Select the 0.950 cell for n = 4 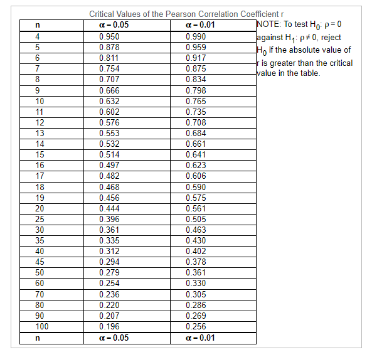pyautogui.click(x=110, y=36)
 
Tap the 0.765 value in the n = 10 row pyautogui.click(x=196, y=101)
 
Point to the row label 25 pyautogui.click(x=40, y=219)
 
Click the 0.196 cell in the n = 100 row pyautogui.click(x=110, y=327)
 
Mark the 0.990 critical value pyautogui.click(x=196, y=36)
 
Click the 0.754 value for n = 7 pyautogui.click(x=110, y=68)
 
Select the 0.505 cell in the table pyautogui.click(x=196, y=219)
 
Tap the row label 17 pyautogui.click(x=40, y=176)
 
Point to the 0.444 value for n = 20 pyautogui.click(x=110, y=208)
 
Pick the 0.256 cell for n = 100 pyautogui.click(x=196, y=327)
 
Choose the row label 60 pyautogui.click(x=40, y=284)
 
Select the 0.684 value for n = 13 pyautogui.click(x=196, y=133)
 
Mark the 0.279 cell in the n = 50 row pyautogui.click(x=110, y=273)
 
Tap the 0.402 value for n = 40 pyautogui.click(x=196, y=252)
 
